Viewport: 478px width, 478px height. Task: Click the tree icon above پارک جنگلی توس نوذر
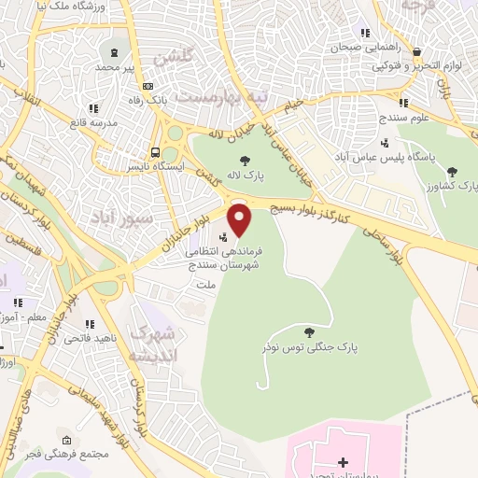pos(310,331)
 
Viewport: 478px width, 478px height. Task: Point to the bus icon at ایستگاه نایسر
pos(156,153)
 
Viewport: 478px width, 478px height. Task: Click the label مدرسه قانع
pos(91,122)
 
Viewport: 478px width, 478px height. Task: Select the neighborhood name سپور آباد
pos(120,217)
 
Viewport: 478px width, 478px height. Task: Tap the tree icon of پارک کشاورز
pos(453,171)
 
